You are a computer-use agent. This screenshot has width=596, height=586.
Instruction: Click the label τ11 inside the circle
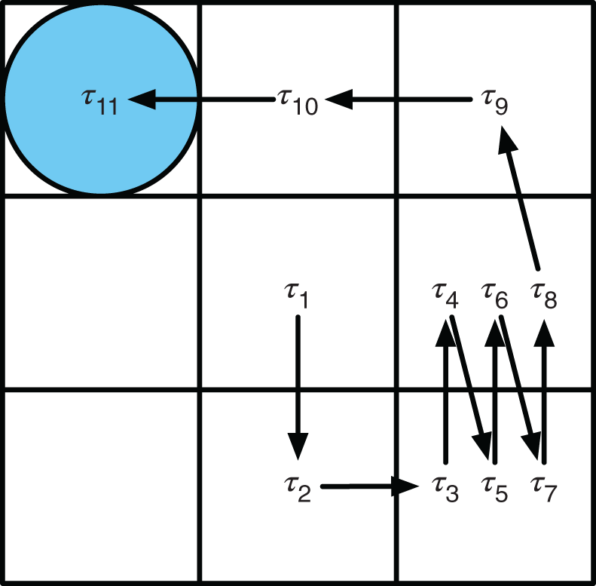click(99, 100)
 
